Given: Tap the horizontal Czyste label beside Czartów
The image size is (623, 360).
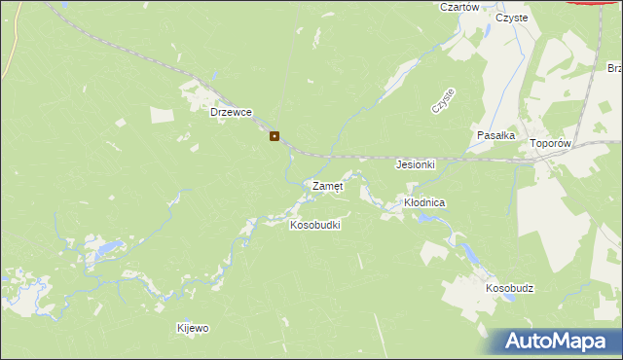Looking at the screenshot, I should point(511,18).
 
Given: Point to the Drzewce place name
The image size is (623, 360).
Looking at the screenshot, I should point(232,112).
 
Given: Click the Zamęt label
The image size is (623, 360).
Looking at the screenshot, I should point(327,185).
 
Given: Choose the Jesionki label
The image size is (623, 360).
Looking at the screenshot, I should point(415,164).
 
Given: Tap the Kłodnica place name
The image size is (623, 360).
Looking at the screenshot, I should point(424,202).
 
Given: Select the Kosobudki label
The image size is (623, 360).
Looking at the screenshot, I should point(315,225).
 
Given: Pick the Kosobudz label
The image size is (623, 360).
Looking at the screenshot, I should point(510,289).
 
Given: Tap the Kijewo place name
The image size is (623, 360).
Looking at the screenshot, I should point(193,328).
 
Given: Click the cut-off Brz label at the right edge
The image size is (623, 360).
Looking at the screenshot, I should point(614,68).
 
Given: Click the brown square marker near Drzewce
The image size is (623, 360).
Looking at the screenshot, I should point(275,136).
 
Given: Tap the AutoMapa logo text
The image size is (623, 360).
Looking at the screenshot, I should point(564,341).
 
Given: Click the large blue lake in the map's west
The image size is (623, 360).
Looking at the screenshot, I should point(103,250).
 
